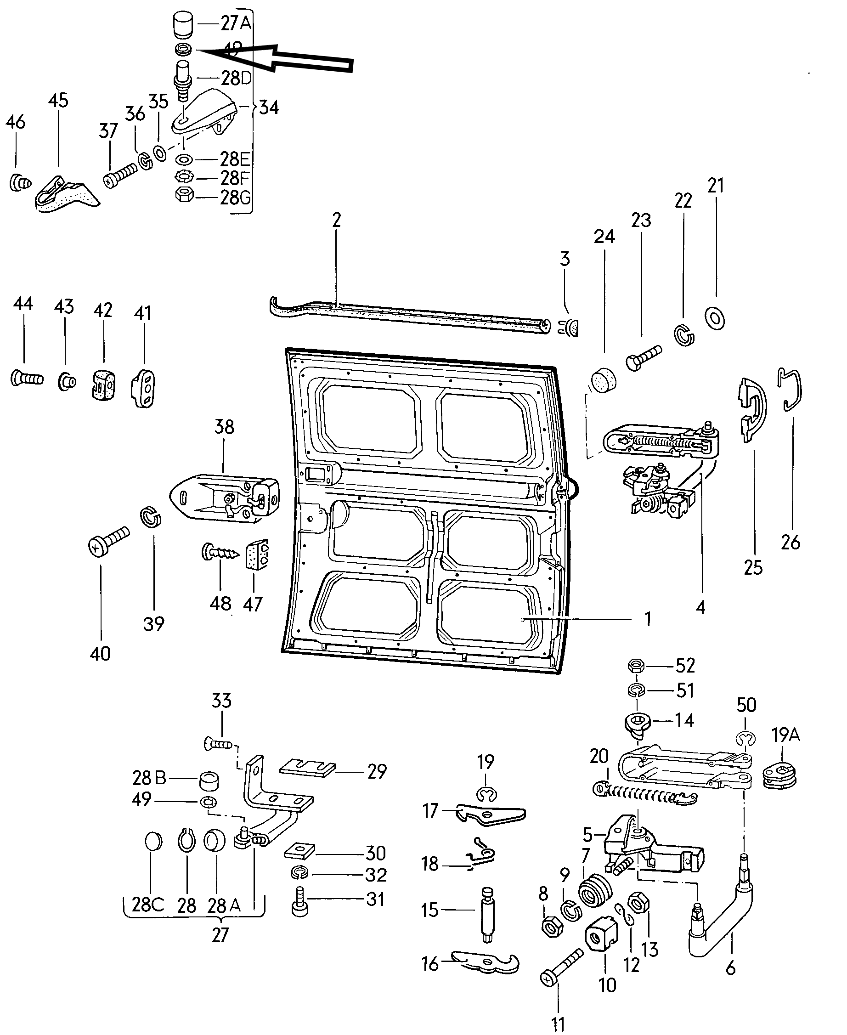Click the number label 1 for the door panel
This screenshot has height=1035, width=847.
point(648,619)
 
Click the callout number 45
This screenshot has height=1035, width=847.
point(58,101)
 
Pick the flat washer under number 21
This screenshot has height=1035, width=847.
point(715,318)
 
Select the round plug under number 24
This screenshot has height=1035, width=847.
point(604,381)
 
